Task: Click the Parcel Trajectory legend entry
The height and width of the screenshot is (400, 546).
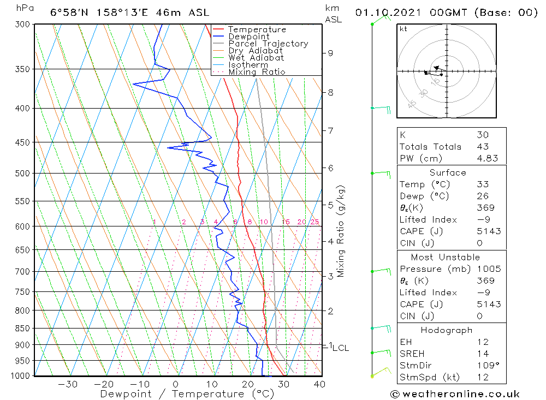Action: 268,44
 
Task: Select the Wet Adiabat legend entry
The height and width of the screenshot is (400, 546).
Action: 256,58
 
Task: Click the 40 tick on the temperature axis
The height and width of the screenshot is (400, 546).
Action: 320,384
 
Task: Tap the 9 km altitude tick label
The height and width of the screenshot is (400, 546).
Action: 330,53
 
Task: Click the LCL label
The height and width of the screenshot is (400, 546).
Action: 341,348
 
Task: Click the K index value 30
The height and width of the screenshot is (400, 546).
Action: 483,135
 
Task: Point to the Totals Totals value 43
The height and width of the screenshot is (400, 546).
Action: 483,147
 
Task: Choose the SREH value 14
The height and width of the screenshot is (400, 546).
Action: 483,354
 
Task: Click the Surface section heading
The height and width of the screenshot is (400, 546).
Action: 448,173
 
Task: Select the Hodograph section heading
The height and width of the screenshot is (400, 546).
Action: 447,330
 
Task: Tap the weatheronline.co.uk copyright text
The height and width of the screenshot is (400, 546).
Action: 454,394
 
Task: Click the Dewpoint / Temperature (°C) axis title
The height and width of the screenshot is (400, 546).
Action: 180,394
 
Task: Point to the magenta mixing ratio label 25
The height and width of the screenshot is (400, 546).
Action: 314,222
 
